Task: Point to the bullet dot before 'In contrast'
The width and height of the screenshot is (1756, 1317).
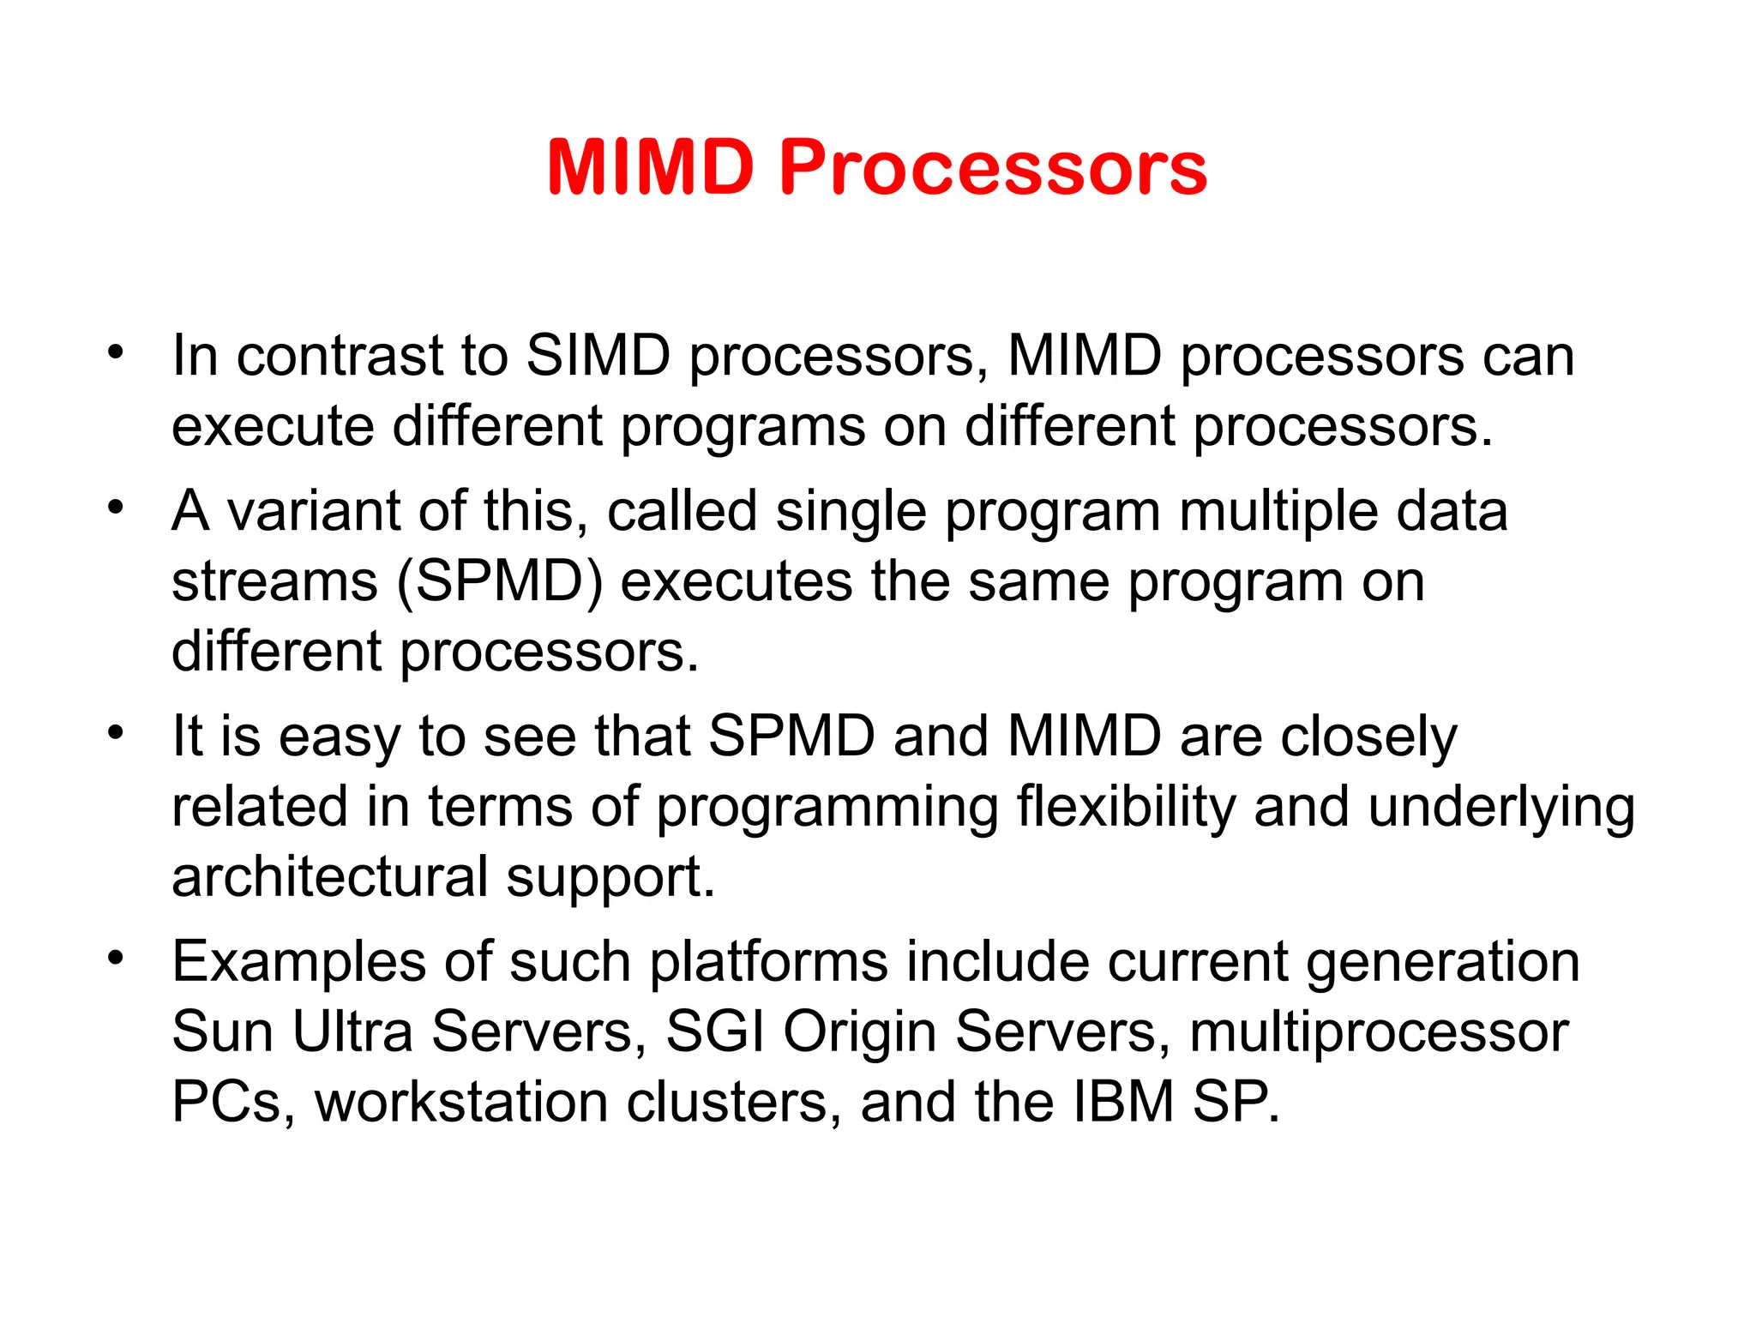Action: click(x=116, y=352)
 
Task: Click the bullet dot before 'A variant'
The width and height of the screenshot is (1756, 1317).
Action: click(x=116, y=508)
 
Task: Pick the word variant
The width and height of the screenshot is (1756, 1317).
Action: click(x=314, y=511)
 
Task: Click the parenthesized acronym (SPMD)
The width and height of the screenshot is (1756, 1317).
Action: click(x=500, y=582)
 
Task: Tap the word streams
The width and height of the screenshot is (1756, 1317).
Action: click(x=274, y=582)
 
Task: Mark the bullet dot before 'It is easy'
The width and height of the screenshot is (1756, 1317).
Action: click(x=116, y=733)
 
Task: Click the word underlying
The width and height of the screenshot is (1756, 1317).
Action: click(x=1501, y=808)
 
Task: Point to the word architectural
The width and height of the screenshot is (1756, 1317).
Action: click(x=330, y=877)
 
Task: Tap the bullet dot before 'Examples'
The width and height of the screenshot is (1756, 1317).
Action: click(x=116, y=958)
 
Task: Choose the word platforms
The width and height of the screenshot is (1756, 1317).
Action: click(x=768, y=962)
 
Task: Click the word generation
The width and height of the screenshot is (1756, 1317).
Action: click(x=1443, y=962)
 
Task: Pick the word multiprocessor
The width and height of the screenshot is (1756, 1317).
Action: click(x=1379, y=1033)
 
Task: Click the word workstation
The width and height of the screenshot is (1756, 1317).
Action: click(x=461, y=1102)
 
